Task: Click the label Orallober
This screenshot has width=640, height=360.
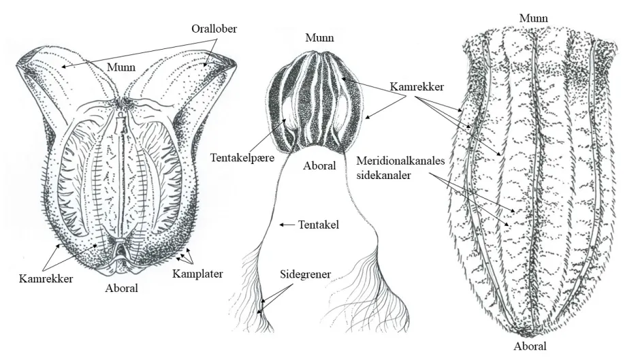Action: tap(214, 29)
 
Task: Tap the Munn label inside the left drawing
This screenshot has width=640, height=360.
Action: tap(121, 67)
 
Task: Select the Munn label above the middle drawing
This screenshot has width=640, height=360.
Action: tap(319, 38)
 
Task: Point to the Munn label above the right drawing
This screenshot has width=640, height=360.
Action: tap(534, 18)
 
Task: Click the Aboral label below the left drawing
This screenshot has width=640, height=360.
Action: tap(122, 288)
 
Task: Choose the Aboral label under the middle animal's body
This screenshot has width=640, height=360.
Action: tap(319, 166)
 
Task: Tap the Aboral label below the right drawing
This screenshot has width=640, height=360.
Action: tap(530, 346)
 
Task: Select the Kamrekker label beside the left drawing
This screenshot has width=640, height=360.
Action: tap(46, 279)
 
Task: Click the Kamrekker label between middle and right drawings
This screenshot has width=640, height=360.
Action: tap(417, 86)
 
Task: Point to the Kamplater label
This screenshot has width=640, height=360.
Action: tap(197, 274)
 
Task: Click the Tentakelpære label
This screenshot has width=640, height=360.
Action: tap(242, 158)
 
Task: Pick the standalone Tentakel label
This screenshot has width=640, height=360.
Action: tap(319, 225)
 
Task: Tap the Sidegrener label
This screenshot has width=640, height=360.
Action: tap(305, 274)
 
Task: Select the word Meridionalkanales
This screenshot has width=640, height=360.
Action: tap(400, 161)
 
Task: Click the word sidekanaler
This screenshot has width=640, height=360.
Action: tap(384, 175)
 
